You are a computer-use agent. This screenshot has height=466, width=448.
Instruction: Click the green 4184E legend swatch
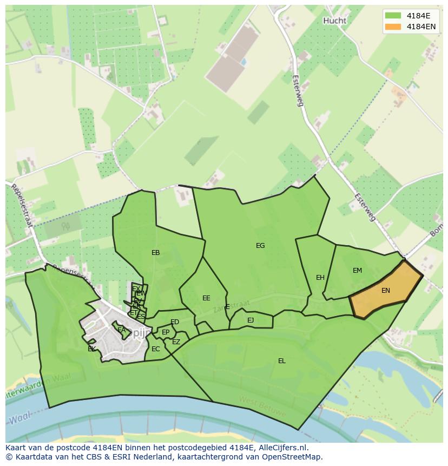(393, 16)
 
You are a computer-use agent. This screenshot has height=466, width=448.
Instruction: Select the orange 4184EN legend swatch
(393, 27)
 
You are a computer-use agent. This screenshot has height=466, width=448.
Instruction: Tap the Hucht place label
(334, 21)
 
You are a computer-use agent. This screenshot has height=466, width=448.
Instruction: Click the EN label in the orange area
(386, 291)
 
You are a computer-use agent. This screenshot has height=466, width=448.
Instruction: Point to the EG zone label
(260, 246)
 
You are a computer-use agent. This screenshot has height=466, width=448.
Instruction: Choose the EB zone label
(156, 253)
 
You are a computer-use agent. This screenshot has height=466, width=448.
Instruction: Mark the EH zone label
(320, 278)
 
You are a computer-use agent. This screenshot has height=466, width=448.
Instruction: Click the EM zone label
(357, 271)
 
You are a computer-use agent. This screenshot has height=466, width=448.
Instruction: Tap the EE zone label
(206, 298)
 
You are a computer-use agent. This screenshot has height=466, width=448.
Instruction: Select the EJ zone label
(251, 320)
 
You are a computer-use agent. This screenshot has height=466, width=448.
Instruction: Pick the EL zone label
(282, 361)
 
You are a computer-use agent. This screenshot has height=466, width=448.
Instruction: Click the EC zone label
(156, 349)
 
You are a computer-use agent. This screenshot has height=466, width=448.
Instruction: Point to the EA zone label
(122, 330)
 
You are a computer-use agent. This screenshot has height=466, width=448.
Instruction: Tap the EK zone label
(92, 349)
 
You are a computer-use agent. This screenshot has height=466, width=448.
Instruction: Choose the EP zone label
(166, 332)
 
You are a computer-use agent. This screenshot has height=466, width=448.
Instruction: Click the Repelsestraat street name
(22, 205)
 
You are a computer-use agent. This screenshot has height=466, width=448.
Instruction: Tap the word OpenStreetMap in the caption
(293, 457)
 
